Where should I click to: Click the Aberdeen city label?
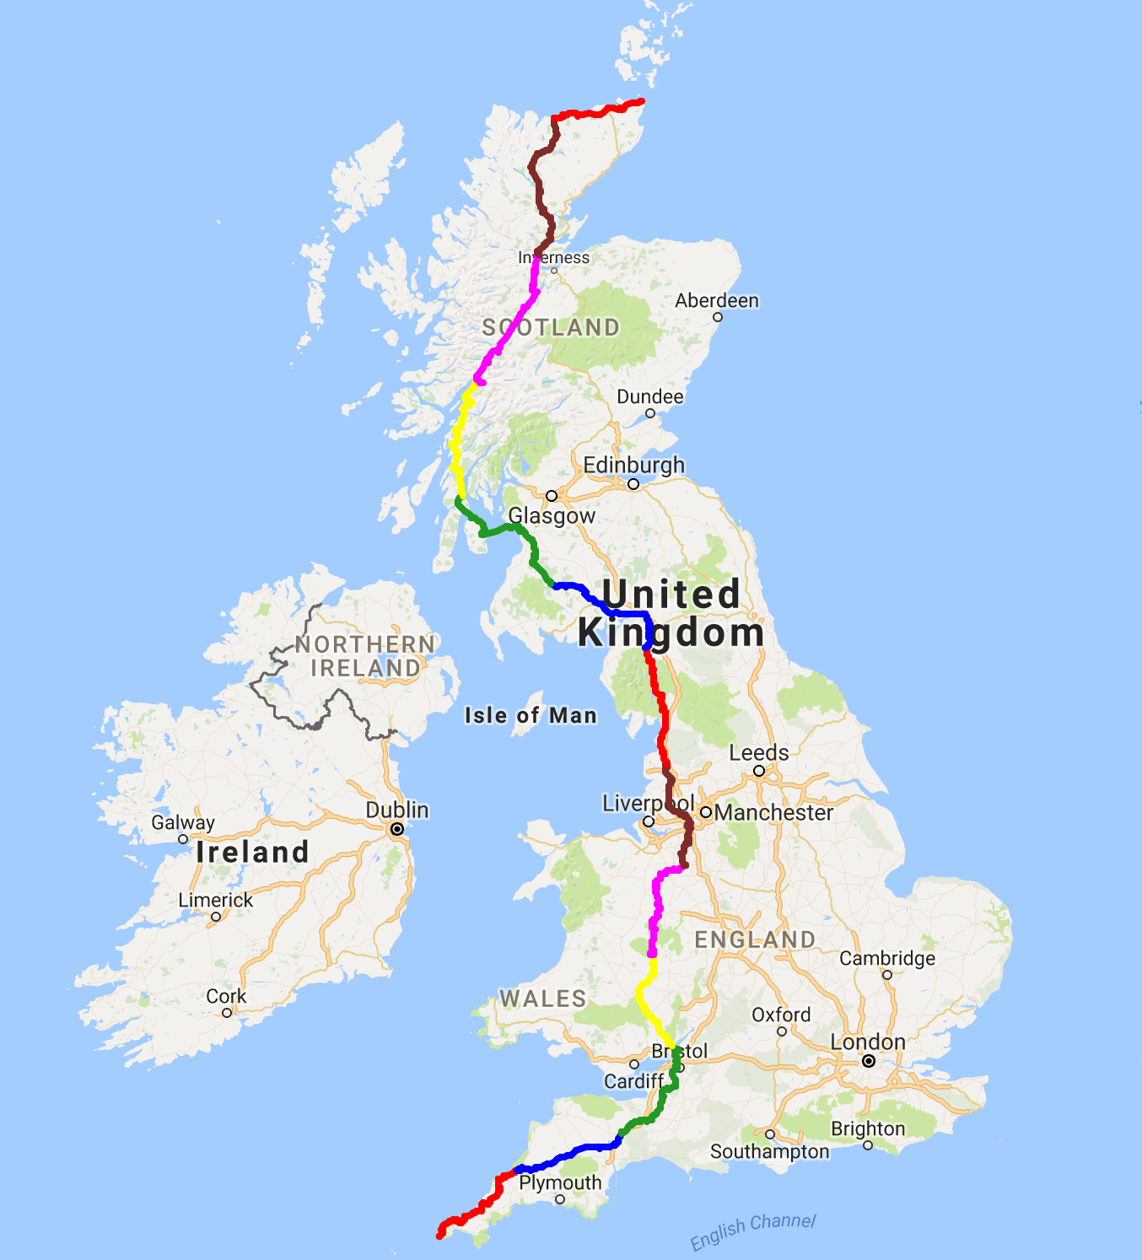pyautogui.click(x=717, y=301)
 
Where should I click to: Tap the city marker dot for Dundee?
pyautogui.click(x=650, y=413)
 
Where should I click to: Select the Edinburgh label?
pyautogui.click(x=634, y=466)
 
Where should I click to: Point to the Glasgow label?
pyautogui.click(x=552, y=515)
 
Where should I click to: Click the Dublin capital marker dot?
pyautogui.click(x=397, y=829)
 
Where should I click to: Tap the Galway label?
pyautogui.click(x=183, y=822)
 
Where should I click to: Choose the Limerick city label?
pyautogui.click(x=216, y=901)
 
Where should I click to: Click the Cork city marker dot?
pyautogui.click(x=227, y=1012)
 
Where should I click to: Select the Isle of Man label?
pyautogui.click(x=531, y=716)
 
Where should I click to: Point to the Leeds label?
pyautogui.click(x=759, y=753)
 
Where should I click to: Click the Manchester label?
pyautogui.click(x=773, y=813)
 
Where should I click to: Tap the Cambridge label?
pyautogui.click(x=887, y=959)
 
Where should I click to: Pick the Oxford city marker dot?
pyautogui.click(x=782, y=1031)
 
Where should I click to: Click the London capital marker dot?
pyautogui.click(x=869, y=1061)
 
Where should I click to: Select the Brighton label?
pyautogui.click(x=868, y=1129)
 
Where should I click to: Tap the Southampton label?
pyautogui.click(x=769, y=1152)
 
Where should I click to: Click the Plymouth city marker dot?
pyautogui.click(x=560, y=1199)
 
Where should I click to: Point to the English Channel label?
pyautogui.click(x=752, y=1233)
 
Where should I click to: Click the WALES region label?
pyautogui.click(x=543, y=999)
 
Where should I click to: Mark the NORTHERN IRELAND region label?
pyautogui.click(x=365, y=656)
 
